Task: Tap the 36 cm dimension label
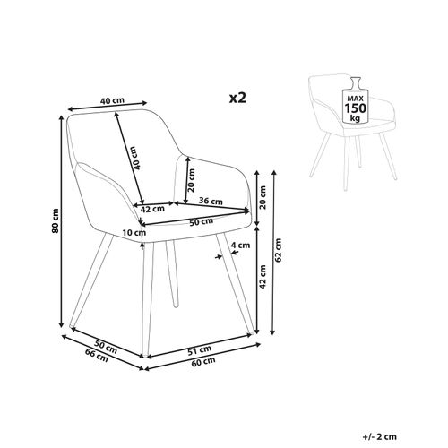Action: coord(211,200)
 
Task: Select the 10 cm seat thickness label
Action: coord(134,233)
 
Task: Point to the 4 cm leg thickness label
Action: coord(239,245)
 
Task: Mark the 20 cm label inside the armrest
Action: coord(191,182)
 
